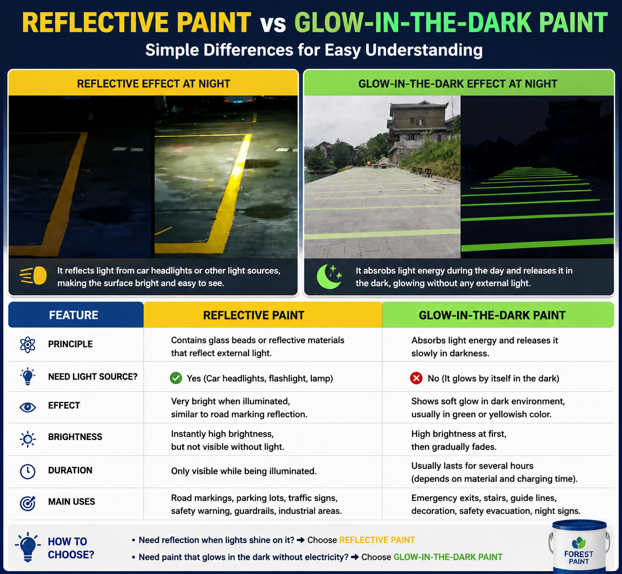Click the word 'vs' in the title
coord(273,23)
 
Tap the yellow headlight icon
coord(33,276)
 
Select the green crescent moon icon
coord(329,277)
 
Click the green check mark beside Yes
coord(176,378)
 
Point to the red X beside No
coord(416,378)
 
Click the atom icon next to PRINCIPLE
coord(28,345)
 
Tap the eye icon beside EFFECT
coord(28,407)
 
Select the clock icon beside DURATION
coord(28,471)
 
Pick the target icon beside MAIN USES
coord(28,503)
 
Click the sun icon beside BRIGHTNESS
coord(28,439)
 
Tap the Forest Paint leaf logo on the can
coord(579,543)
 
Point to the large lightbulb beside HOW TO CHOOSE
coord(28,547)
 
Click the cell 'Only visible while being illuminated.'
coord(244,471)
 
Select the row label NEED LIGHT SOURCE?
coord(93,377)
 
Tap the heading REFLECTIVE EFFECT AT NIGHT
coord(153,84)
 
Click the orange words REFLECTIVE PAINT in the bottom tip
coord(377,540)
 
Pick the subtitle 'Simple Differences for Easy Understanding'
coord(314,50)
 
